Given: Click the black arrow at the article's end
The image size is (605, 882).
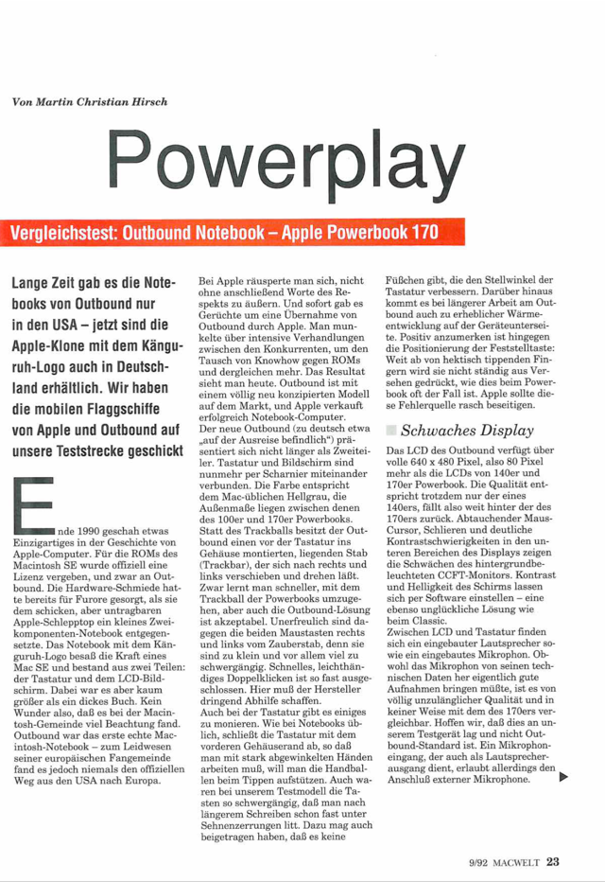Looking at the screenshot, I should coord(563,779).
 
